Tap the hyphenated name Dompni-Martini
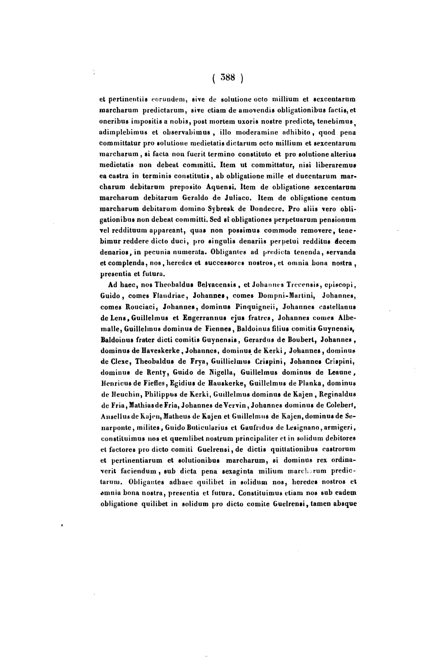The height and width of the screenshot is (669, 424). [x=286, y=296]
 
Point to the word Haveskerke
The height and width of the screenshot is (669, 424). [x=159, y=351]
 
